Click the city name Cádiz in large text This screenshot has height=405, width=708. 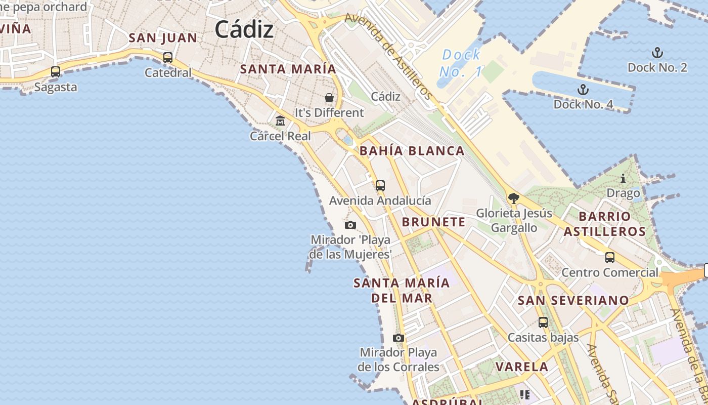tap(244, 29)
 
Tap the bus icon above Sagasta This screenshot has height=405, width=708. tap(56, 72)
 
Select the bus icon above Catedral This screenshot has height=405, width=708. tap(168, 58)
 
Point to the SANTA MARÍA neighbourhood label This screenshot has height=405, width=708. tap(288, 69)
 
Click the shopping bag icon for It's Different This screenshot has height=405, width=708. tap(329, 97)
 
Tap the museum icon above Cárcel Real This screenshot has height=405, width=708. tap(280, 121)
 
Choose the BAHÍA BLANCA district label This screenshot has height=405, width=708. tap(412, 151)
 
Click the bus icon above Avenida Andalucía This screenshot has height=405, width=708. tap(380, 186)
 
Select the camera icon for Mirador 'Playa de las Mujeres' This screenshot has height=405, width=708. tap(350, 225)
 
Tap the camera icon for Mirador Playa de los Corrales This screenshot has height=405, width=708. tap(399, 338)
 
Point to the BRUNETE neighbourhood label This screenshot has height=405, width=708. tap(433, 222)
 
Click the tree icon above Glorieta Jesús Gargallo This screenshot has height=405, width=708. tap(514, 198)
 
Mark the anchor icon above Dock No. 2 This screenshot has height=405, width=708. tap(657, 53)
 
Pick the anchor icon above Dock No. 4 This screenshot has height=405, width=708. tap(583, 90)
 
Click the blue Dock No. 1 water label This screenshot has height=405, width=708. tap(461, 63)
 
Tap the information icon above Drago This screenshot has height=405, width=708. tap(623, 178)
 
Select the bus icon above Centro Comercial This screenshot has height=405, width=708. tap(610, 257)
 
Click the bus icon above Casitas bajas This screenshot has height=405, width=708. tap(543, 322)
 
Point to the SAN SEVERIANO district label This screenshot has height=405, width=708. tap(573, 300)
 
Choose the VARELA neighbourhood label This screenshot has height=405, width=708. tap(522, 367)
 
